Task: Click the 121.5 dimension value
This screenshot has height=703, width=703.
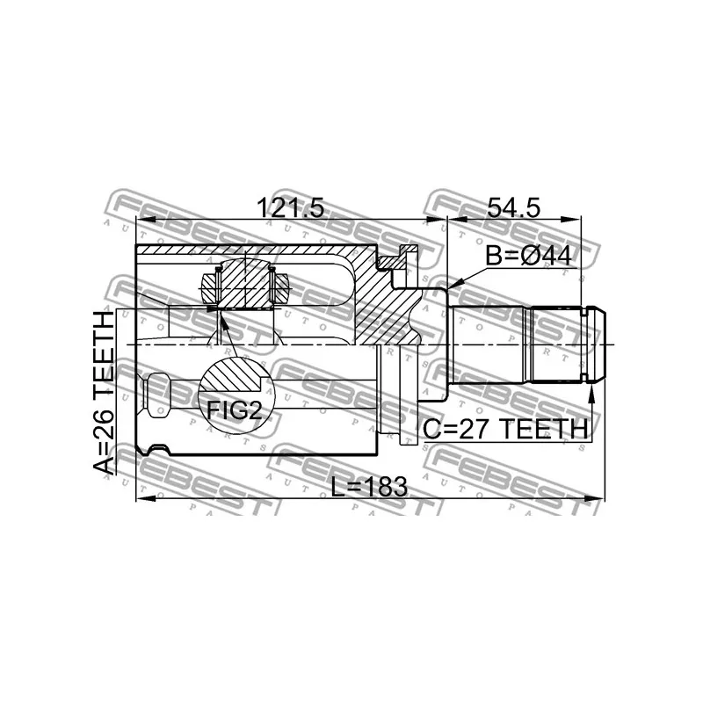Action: point(290,208)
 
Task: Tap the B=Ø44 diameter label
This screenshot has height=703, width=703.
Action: point(529,257)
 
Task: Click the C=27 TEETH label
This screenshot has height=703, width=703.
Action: point(504,429)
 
